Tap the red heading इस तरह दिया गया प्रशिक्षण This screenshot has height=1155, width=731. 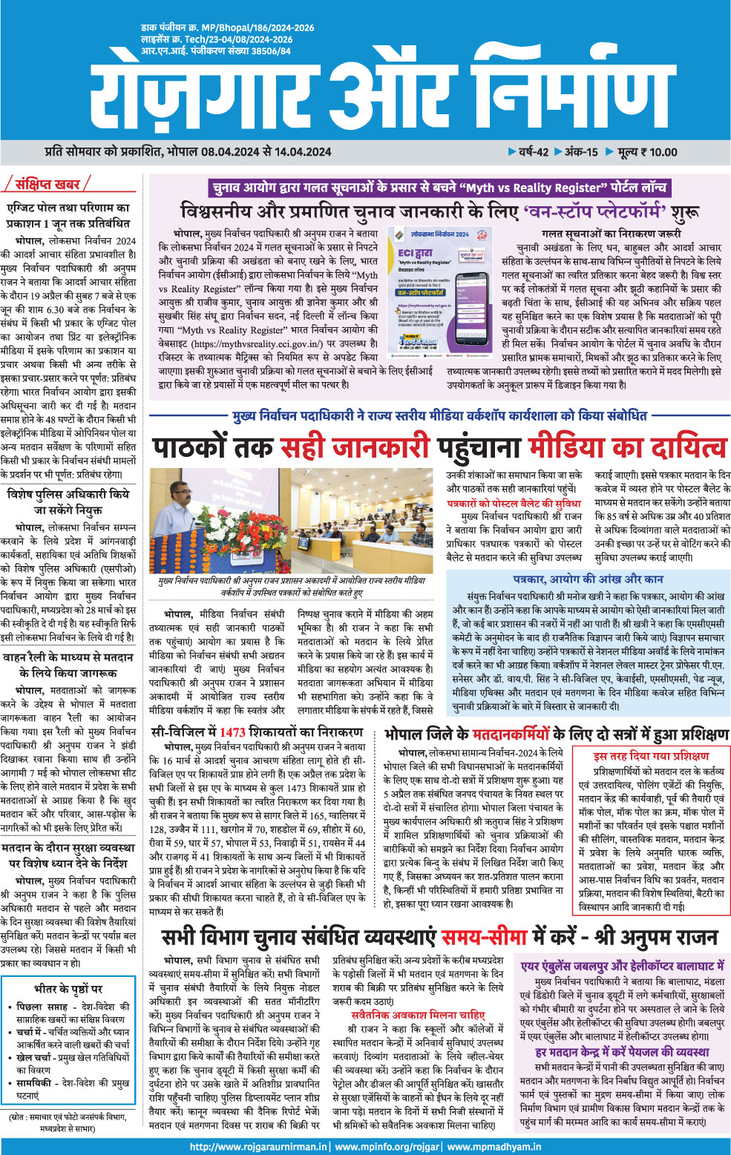pyautogui.click(x=651, y=756)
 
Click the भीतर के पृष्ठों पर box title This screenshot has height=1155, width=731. pyautogui.click(x=68, y=989)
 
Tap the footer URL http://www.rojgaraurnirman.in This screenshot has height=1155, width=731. pyautogui.click(x=259, y=1146)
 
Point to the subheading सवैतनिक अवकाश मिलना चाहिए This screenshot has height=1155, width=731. pyautogui.click(x=418, y=1015)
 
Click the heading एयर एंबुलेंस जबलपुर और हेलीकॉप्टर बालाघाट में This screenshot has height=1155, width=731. pyautogui.click(x=622, y=966)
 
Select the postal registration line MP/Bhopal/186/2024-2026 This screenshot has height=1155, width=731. pyautogui.click(x=228, y=28)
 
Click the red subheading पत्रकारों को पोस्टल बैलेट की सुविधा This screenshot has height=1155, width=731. pyautogui.click(x=514, y=504)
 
